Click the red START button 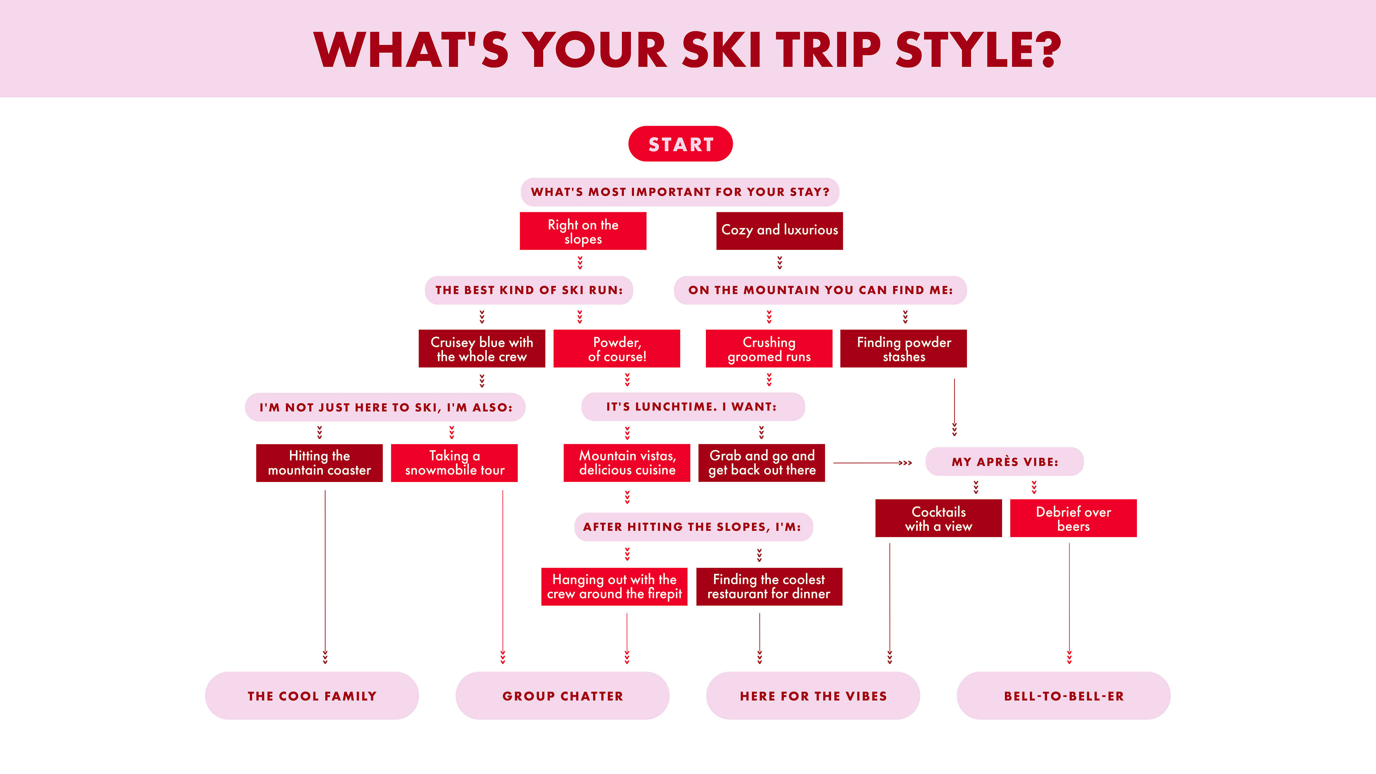pyautogui.click(x=680, y=144)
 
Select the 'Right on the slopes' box pyautogui.click(x=583, y=231)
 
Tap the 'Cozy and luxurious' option pyautogui.click(x=780, y=231)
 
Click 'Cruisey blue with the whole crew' pyautogui.click(x=482, y=348)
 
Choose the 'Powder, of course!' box pyautogui.click(x=616, y=348)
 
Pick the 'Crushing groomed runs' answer pyautogui.click(x=768, y=348)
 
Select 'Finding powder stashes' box pyautogui.click(x=903, y=348)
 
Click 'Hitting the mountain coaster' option pyautogui.click(x=320, y=463)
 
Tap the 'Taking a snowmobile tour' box pyautogui.click(x=454, y=463)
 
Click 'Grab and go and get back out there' pyautogui.click(x=761, y=463)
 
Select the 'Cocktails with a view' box pyautogui.click(x=938, y=518)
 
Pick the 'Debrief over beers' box pyautogui.click(x=1073, y=518)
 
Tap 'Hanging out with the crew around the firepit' pyautogui.click(x=614, y=587)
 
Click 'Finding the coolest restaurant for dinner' pyautogui.click(x=769, y=587)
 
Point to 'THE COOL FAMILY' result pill pyautogui.click(x=312, y=696)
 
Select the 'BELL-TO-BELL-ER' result pyautogui.click(x=1064, y=696)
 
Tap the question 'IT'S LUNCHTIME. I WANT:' pyautogui.click(x=693, y=407)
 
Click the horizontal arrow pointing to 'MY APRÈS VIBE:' pyautogui.click(x=873, y=463)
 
